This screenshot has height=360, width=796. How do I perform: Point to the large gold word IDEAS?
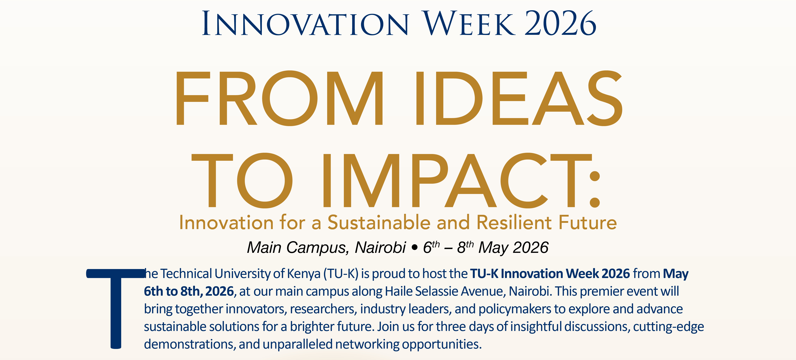point(519,98)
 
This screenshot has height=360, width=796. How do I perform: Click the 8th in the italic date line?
point(465,247)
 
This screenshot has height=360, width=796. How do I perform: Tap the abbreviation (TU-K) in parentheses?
point(341,274)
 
